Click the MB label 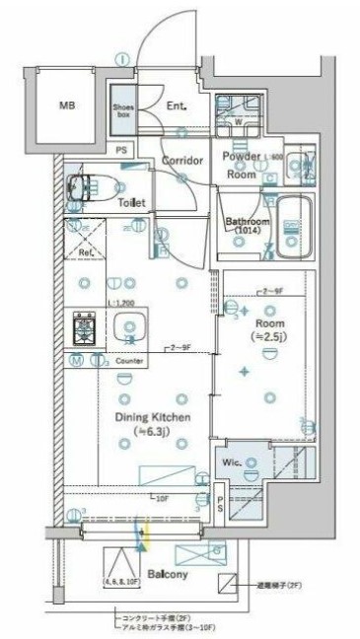[x=66, y=105]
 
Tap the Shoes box [x=122, y=110]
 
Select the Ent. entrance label [x=178, y=106]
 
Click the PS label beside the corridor [x=121, y=150]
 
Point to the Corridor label [x=183, y=161]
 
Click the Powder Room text [x=241, y=165]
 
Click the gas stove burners [x=83, y=327]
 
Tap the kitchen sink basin [x=128, y=328]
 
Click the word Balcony [x=169, y=574]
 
